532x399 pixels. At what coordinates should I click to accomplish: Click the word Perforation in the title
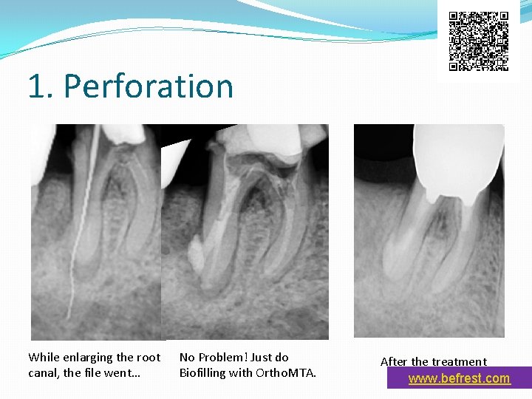coord(149,86)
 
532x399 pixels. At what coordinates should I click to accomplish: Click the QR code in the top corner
coord(479,41)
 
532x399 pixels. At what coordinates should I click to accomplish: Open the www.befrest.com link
coord(459,378)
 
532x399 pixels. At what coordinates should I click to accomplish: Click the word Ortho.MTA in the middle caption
coord(286,372)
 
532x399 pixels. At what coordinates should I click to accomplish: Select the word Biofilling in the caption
coord(202,372)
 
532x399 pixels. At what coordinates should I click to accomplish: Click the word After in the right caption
coord(394,361)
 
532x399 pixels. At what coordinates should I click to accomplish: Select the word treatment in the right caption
coord(460,361)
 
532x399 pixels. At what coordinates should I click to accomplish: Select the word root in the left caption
coord(149,357)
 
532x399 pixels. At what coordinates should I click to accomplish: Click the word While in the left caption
coord(43,357)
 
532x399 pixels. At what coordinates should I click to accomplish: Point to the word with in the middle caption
coord(240,372)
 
